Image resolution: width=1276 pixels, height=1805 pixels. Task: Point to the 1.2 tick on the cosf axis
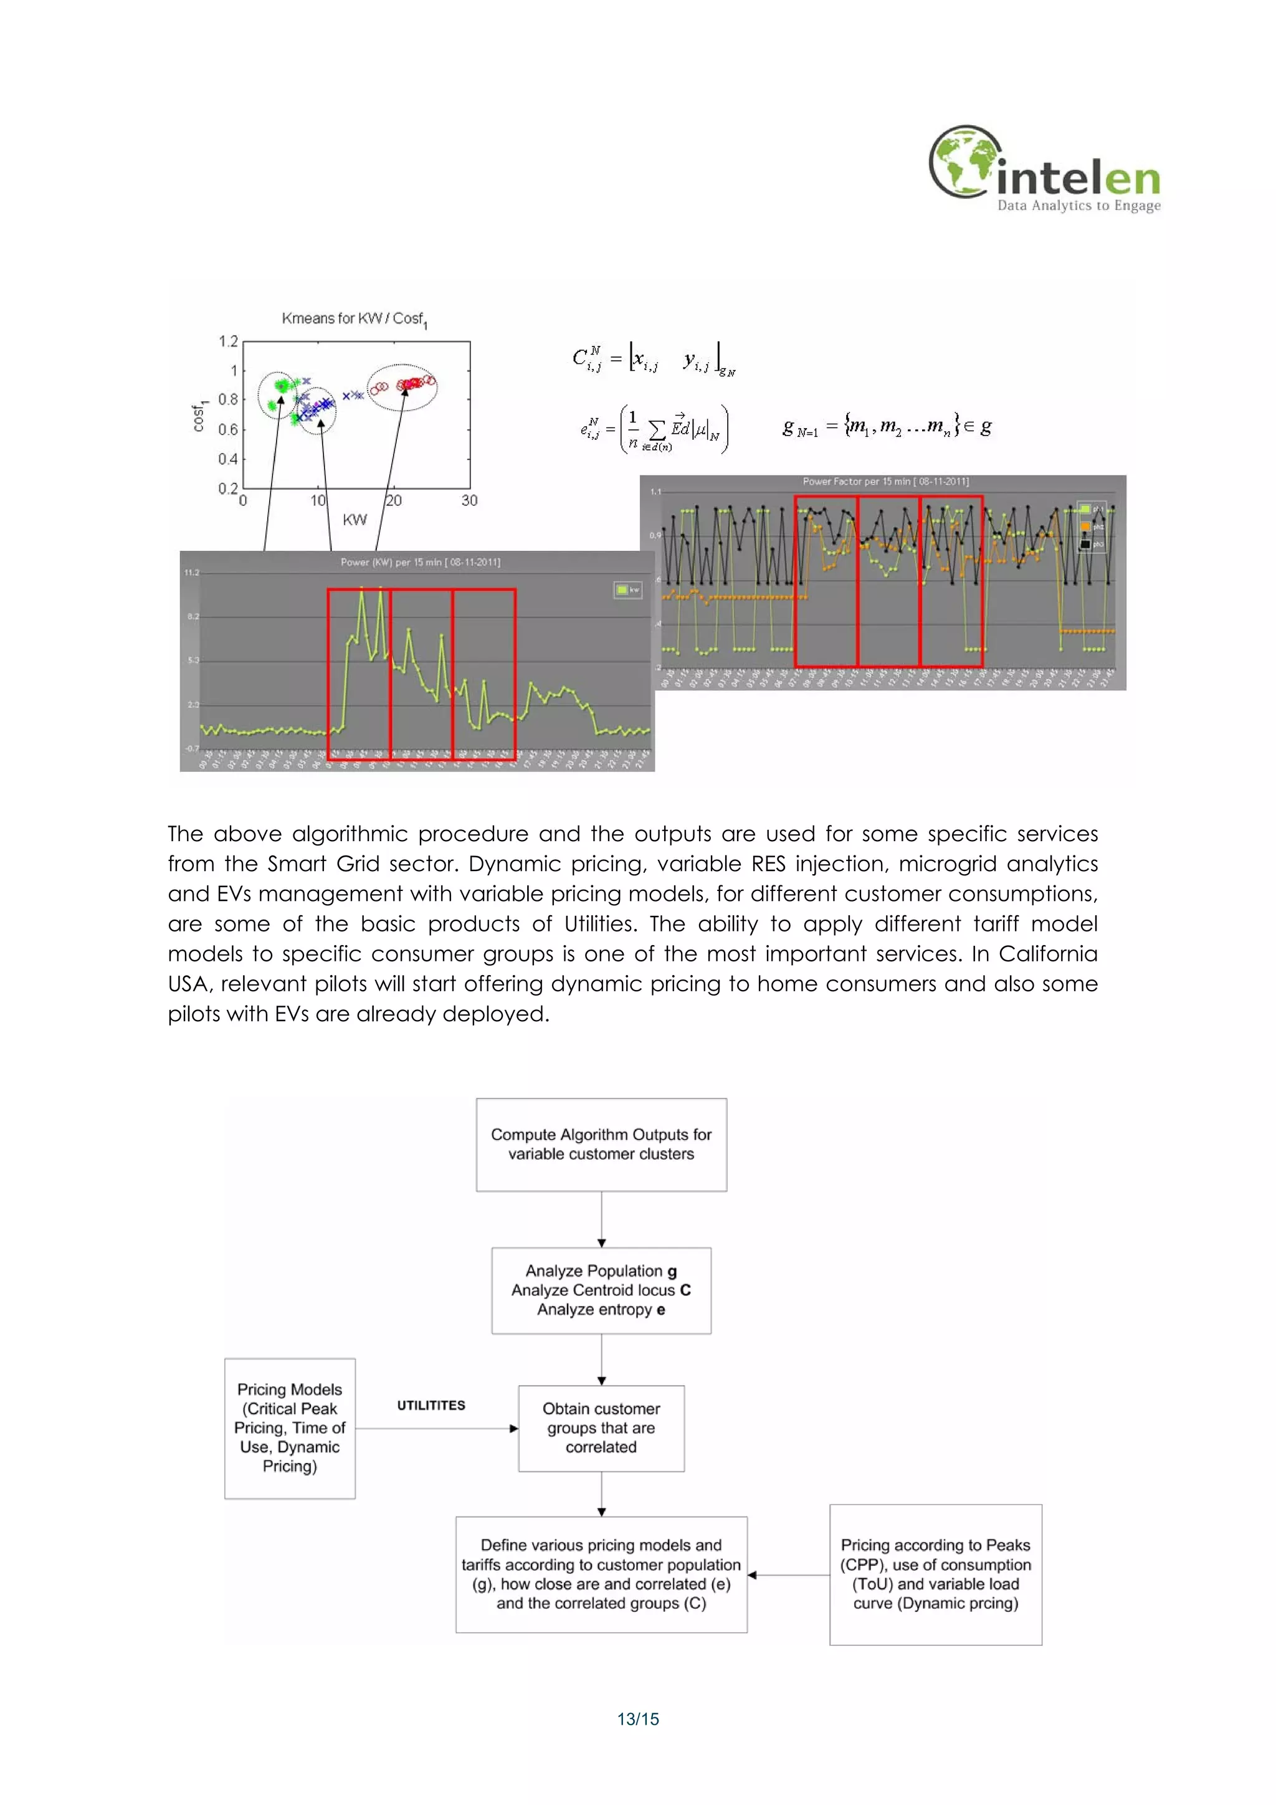[x=228, y=341]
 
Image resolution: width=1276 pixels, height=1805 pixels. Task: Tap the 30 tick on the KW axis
[x=469, y=501]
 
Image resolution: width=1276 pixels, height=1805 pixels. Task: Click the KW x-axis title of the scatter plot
[x=355, y=520]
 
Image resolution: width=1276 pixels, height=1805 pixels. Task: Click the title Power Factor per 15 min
[x=885, y=481]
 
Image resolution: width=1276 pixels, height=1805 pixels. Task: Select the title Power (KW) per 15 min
[x=420, y=562]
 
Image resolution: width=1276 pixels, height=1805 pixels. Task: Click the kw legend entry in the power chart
[x=627, y=589]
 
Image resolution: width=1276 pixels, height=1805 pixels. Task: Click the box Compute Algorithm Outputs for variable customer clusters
[x=601, y=1144]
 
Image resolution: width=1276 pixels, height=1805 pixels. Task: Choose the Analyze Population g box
[x=601, y=1290]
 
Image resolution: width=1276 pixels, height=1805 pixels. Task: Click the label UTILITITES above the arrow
[x=431, y=1406]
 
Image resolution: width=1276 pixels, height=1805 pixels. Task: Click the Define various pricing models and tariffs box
[x=601, y=1574]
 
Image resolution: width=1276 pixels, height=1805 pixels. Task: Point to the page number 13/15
[x=637, y=1719]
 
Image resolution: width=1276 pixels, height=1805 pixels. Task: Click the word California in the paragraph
[x=1047, y=954]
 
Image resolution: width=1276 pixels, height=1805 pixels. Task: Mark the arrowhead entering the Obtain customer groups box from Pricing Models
[x=513, y=1429]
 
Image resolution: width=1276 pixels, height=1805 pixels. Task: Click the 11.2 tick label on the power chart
[x=192, y=573]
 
